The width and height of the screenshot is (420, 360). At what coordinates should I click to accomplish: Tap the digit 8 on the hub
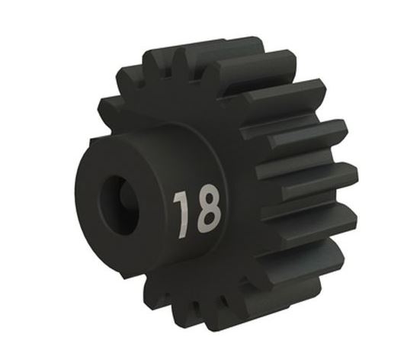208,208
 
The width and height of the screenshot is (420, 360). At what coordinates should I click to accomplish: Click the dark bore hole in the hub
120,205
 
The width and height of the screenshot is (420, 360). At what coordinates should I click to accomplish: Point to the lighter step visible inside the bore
125,196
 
